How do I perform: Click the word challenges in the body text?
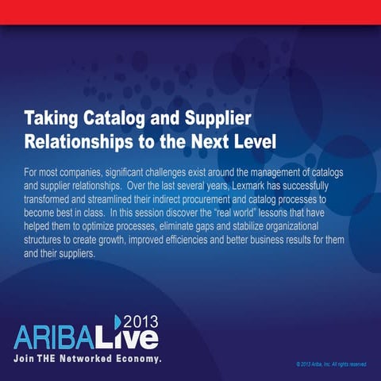(x=175, y=171)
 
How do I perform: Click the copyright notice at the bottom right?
(x=330, y=364)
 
